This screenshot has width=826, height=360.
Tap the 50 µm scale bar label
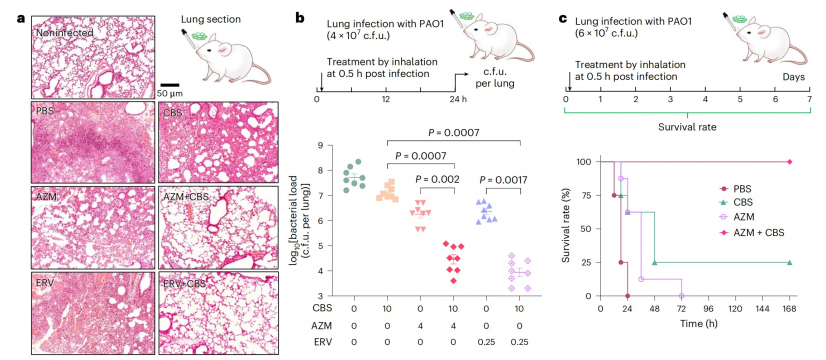click(x=179, y=95)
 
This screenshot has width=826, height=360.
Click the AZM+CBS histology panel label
click(x=188, y=200)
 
